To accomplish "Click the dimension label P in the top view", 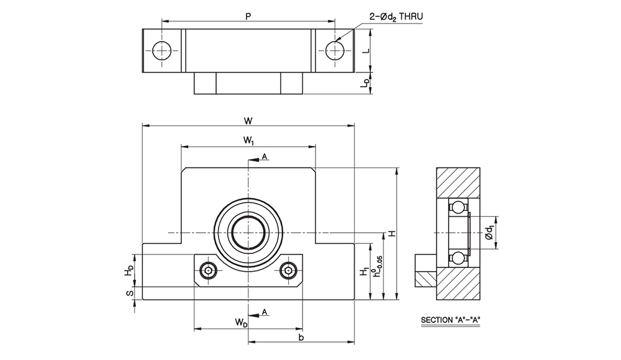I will [x=248, y=17].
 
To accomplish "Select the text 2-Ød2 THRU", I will [x=396, y=17].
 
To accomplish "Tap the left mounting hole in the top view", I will [x=162, y=50].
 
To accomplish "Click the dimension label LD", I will [x=366, y=83].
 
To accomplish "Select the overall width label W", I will [x=248, y=120].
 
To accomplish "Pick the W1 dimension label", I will [x=248, y=142].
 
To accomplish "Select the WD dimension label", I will [x=240, y=322].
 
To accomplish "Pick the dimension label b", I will [x=301, y=337].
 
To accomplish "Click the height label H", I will [x=391, y=233].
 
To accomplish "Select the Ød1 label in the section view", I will [x=490, y=233].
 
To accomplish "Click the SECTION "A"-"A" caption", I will [x=451, y=321].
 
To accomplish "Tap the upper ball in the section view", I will [x=458, y=207].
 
